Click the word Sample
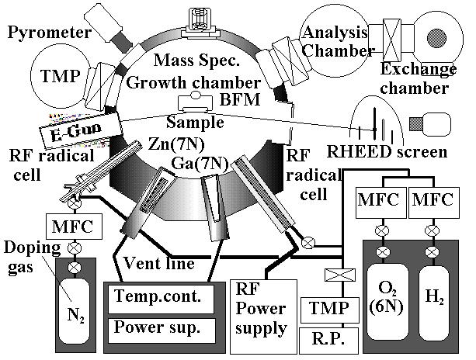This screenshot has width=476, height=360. pyautogui.click(x=195, y=123)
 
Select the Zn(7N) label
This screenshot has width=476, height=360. pyautogui.click(x=177, y=144)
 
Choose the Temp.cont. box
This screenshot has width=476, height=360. pyautogui.click(x=157, y=296)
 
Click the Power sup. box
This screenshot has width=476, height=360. pyautogui.click(x=157, y=327)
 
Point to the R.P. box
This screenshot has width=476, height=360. pyautogui.click(x=327, y=339)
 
